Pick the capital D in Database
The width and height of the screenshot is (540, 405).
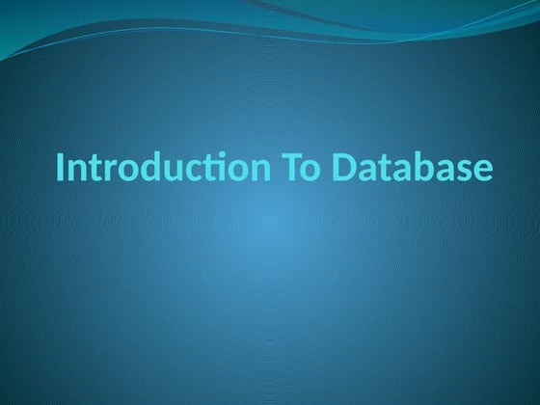coord(343,168)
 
